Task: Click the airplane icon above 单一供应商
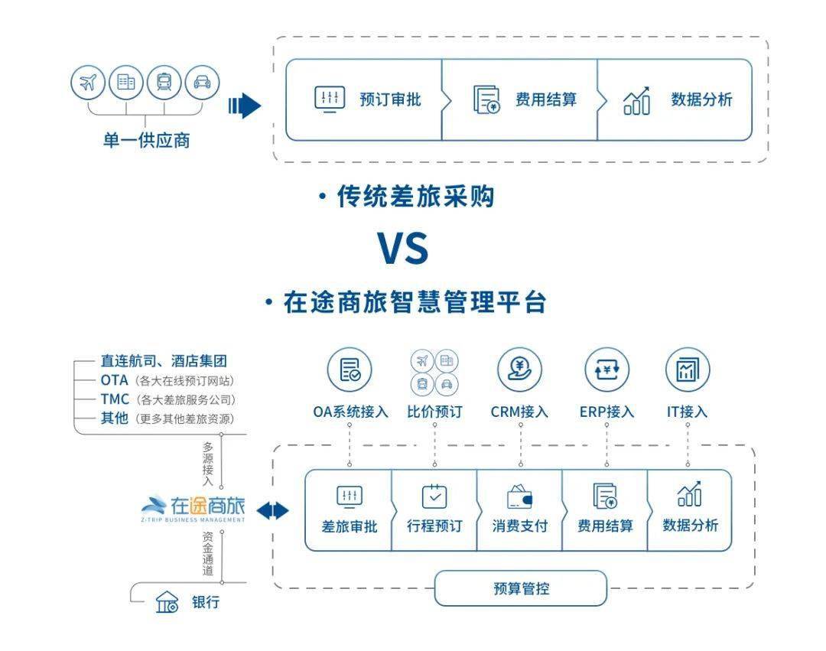click(88, 83)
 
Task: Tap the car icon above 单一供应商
click(202, 83)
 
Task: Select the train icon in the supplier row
click(164, 83)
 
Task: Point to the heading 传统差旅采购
click(415, 197)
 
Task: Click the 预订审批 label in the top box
click(390, 99)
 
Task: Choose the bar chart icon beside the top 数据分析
click(636, 100)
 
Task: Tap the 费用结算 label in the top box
click(546, 99)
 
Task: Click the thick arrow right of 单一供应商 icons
click(245, 106)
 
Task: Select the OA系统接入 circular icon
click(350, 371)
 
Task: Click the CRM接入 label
click(519, 412)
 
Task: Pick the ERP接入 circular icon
click(606, 371)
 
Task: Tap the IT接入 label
click(687, 412)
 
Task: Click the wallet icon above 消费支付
click(519, 498)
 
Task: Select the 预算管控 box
click(520, 588)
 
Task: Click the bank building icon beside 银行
click(167, 602)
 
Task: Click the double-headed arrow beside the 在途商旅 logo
click(273, 511)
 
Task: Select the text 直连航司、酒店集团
click(164, 361)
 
